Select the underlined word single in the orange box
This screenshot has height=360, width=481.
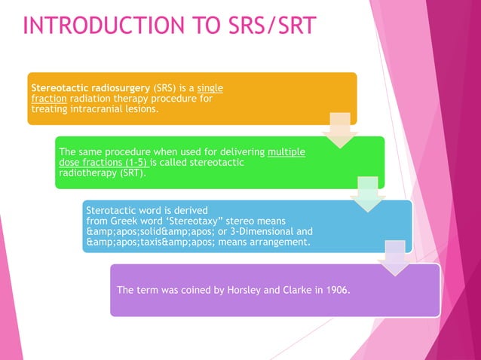210,88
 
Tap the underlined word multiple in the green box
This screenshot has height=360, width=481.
286,151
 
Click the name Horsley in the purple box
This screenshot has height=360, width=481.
237,290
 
